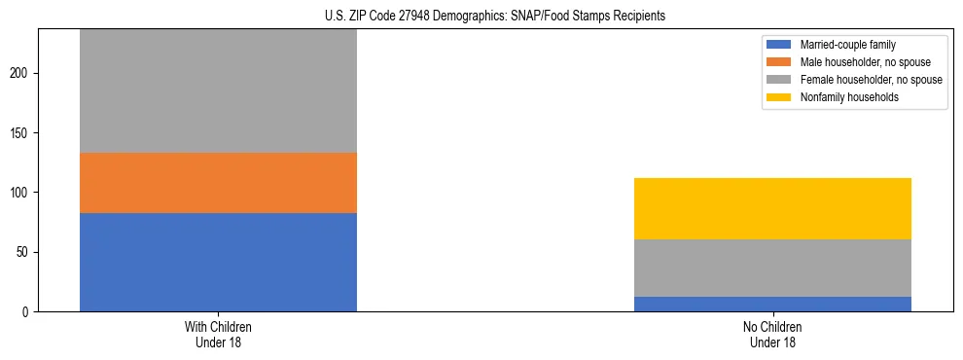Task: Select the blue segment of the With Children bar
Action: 218,262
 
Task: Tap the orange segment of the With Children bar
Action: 218,183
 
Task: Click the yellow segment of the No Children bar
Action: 772,208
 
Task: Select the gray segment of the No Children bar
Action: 772,268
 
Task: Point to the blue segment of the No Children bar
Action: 772,304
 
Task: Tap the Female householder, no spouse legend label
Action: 871,80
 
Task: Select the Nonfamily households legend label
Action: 843,97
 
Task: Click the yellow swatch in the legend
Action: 779,97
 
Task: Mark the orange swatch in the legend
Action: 779,62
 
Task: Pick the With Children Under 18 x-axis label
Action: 218,334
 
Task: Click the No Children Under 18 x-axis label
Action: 772,334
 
